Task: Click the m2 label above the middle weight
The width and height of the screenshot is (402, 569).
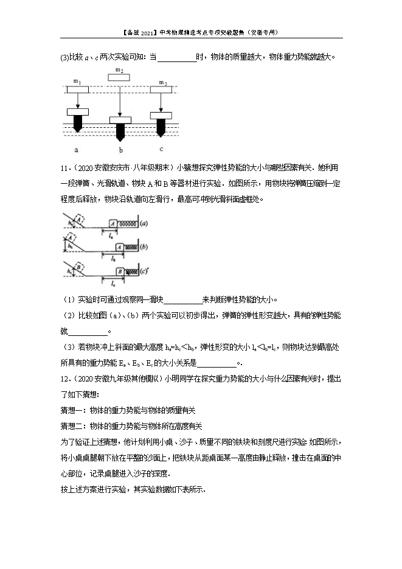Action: pos(120,70)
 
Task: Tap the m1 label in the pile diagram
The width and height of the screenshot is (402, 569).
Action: pos(77,82)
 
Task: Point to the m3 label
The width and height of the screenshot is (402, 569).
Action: pos(162,82)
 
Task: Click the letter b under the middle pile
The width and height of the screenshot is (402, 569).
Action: pos(120,150)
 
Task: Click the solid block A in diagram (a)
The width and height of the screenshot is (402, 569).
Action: pos(113,224)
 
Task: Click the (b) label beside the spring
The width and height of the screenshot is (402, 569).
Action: pos(144,247)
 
